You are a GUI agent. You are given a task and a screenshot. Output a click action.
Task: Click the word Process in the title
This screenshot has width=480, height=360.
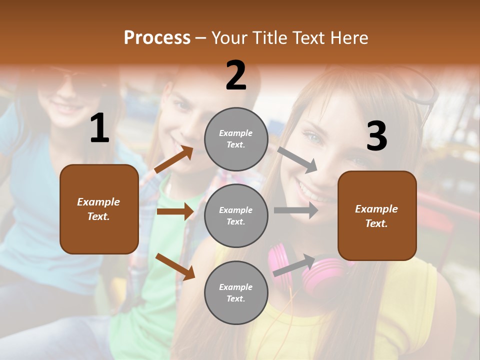(x=157, y=38)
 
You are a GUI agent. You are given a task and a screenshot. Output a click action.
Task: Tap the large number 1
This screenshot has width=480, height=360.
(x=99, y=128)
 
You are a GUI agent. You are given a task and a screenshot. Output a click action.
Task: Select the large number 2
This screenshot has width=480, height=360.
(x=236, y=75)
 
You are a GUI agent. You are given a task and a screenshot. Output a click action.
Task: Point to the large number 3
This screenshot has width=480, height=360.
(x=376, y=136)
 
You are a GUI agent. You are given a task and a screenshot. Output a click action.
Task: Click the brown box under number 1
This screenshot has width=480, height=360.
(x=99, y=209)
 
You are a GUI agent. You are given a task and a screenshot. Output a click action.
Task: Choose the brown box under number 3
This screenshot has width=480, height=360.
(x=377, y=215)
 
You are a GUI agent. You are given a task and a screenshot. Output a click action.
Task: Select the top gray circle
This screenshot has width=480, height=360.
(x=236, y=139)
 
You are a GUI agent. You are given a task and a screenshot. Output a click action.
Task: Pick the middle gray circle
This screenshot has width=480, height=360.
(x=236, y=215)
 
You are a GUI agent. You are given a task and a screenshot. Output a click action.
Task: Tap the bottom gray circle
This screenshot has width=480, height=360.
(x=236, y=292)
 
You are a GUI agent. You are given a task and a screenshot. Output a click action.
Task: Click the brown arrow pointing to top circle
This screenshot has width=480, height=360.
(x=174, y=159)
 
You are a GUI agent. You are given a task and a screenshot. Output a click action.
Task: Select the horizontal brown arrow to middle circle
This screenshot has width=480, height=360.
(x=174, y=211)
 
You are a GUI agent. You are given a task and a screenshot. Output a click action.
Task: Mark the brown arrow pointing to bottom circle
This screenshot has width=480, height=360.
(x=175, y=266)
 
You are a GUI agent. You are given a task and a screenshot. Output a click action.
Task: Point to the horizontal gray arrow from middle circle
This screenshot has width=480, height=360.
(x=295, y=210)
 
